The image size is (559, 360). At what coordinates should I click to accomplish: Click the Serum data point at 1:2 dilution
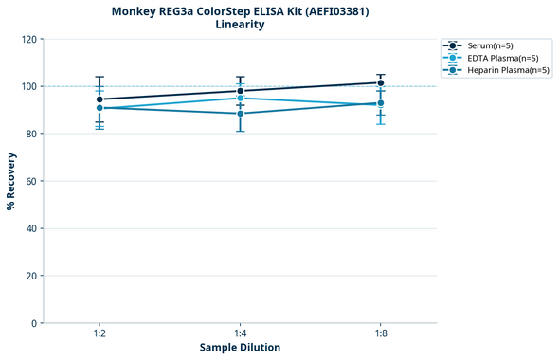pos(99,99)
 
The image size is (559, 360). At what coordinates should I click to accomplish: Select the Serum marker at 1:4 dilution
pos(241,91)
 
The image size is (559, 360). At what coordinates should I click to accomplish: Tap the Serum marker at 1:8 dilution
pos(381,82)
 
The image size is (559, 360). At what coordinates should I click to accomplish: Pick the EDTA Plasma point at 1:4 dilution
pos(241,98)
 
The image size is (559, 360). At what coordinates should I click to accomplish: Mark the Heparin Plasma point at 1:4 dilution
pos(241,114)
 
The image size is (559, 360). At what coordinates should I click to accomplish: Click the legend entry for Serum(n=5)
pos(490,45)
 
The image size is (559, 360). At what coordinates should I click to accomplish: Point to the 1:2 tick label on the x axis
pos(99,333)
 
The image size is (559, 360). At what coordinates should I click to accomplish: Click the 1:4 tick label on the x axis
pos(241,333)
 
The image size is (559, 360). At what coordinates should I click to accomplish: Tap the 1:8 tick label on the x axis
pos(381,333)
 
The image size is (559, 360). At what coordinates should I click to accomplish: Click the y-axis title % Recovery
pos(11,181)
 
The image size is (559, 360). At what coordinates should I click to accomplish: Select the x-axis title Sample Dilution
pos(240,348)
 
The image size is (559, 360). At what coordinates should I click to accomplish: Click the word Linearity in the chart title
pos(240,25)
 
